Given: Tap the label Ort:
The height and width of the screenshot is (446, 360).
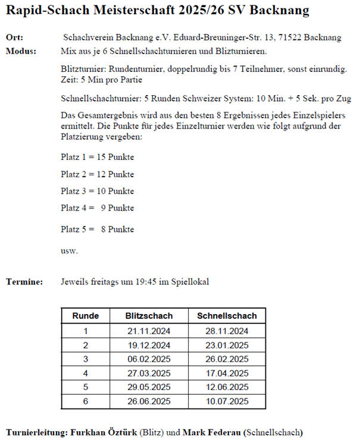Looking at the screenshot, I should pos(14,37).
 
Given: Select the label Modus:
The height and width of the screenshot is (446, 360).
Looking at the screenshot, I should pos(21,51).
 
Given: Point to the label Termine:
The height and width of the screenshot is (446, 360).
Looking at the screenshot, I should pos(24,282).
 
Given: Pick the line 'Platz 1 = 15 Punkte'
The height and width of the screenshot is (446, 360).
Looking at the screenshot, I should pos(97,158).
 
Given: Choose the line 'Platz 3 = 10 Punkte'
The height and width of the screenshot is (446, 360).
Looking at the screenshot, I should pos(97,191).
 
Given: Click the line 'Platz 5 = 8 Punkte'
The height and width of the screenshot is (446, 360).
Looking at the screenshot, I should pos(97,229).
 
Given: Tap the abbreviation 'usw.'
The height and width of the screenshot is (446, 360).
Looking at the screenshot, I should pos(69,250).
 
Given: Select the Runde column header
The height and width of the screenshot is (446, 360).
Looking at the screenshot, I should pos(85,316).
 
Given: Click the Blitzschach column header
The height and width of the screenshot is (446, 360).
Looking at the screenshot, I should pos(149,316).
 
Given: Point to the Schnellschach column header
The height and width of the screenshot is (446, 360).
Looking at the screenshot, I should pos(227,316).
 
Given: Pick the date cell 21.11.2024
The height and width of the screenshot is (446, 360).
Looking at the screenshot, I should pos(149,331).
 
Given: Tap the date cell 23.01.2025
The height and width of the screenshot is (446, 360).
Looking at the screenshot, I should pos(227,345).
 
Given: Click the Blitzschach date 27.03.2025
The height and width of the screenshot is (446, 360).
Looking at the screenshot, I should pos(149,373).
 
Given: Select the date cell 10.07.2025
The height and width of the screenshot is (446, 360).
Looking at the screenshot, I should pos(227,401).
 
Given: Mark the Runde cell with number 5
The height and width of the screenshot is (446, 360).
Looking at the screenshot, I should pos(85,388).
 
